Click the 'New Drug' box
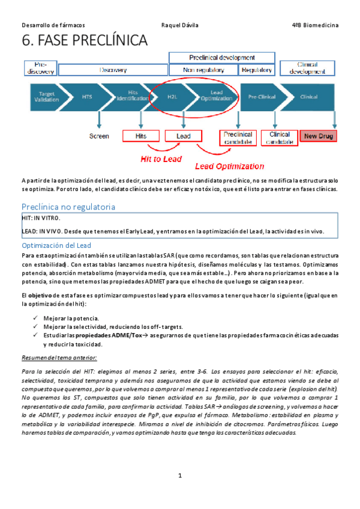(x=319, y=136)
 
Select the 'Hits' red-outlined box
(x=141, y=136)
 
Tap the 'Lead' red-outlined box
(x=184, y=136)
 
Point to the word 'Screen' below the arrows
(x=99, y=136)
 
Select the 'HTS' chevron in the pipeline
(x=88, y=97)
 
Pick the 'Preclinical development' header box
(x=222, y=58)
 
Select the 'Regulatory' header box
(x=257, y=70)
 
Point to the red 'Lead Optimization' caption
(x=230, y=166)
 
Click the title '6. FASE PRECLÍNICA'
(x=84, y=41)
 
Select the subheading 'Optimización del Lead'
(x=56, y=245)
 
